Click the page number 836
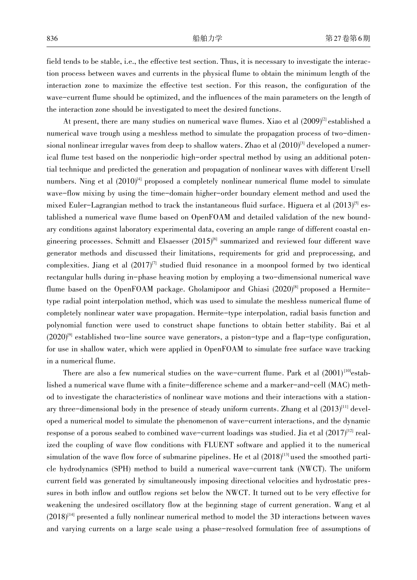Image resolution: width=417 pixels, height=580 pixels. [52, 39]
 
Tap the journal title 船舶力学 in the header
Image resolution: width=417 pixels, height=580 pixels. [208, 39]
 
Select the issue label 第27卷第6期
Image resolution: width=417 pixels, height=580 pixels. [348, 39]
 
